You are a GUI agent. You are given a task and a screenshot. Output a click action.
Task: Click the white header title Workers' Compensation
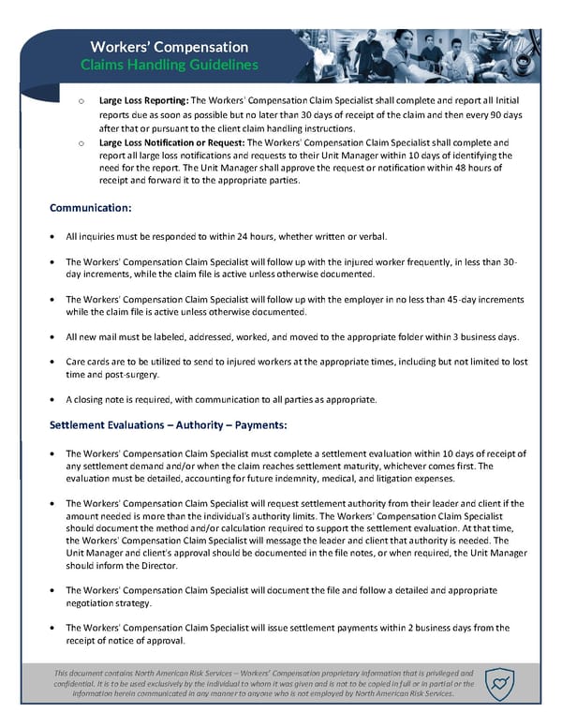(x=169, y=47)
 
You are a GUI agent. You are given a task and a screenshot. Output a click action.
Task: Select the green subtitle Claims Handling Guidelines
(x=169, y=65)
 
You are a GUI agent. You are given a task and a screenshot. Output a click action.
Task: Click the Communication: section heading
(x=90, y=206)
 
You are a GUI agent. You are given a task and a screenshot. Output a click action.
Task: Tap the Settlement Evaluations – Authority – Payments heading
(x=167, y=425)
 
